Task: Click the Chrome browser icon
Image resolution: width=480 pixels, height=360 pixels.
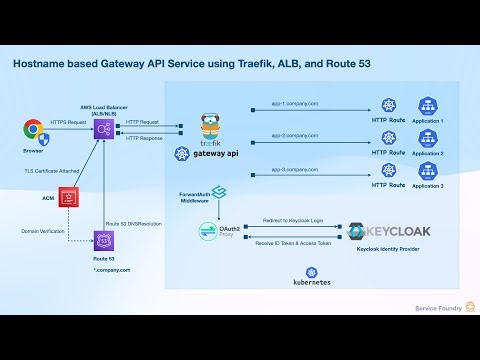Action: tap(34, 130)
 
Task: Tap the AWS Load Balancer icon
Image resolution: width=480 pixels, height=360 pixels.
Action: tap(101, 128)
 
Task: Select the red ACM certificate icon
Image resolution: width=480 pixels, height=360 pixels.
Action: tap(69, 198)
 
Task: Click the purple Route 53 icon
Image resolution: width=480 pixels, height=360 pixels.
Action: tap(101, 240)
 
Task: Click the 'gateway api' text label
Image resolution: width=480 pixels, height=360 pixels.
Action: tap(217, 154)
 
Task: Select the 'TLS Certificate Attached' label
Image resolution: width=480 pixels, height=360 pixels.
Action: tap(52, 171)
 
